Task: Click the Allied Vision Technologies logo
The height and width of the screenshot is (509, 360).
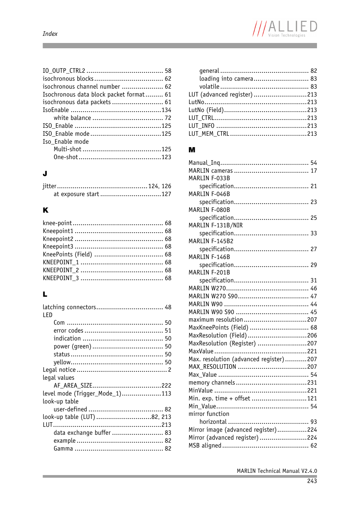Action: tap(285, 29)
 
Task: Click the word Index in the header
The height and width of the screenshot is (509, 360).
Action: tap(50, 34)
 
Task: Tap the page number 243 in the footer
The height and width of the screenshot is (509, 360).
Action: tap(312, 481)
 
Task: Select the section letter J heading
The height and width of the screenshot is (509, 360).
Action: tap(45, 173)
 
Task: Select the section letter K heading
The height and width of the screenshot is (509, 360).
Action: tap(45, 210)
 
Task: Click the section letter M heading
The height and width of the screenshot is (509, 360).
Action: tap(192, 150)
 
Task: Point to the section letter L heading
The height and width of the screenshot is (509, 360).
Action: tap(45, 294)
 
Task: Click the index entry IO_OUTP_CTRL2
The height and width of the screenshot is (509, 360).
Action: tap(64, 71)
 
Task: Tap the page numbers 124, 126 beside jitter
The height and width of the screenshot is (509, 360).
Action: tap(160, 186)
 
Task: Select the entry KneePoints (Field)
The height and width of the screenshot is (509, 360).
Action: tap(67, 255)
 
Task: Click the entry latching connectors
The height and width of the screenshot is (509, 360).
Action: tap(69, 307)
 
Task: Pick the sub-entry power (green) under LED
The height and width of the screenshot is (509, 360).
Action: tap(72, 346)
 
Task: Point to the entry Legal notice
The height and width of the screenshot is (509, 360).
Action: tap(59, 370)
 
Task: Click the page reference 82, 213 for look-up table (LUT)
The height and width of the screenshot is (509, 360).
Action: tap(161, 417)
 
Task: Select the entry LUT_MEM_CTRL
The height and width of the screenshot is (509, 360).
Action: tap(209, 134)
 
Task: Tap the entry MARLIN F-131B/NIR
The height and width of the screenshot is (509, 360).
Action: tap(215, 225)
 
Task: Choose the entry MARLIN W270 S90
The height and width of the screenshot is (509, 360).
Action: tap(213, 296)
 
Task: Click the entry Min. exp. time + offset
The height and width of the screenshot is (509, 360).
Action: tap(219, 399)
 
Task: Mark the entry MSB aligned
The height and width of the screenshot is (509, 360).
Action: tap(205, 446)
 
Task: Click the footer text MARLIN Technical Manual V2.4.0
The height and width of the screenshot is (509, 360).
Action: tap(277, 471)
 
